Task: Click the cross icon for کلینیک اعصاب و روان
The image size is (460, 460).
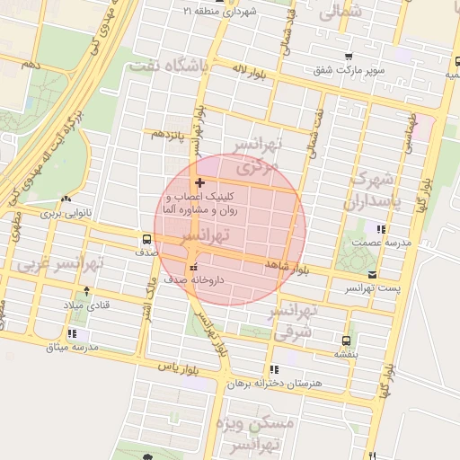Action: [x=199, y=182]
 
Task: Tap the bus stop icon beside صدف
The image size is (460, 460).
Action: [x=146, y=239]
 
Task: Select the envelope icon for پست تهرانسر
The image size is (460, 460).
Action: [x=372, y=274]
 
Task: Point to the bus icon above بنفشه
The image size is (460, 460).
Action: [x=346, y=341]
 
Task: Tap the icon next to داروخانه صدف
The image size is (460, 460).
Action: [x=194, y=267]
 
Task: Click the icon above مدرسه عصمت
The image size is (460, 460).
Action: [x=382, y=229]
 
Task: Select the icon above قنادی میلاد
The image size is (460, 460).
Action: [x=86, y=291]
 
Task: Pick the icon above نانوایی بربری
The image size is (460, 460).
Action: [x=66, y=199]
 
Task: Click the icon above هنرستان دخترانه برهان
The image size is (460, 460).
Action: [x=273, y=369]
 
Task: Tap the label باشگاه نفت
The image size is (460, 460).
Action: [x=168, y=66]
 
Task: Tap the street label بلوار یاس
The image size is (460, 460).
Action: [x=177, y=367]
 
